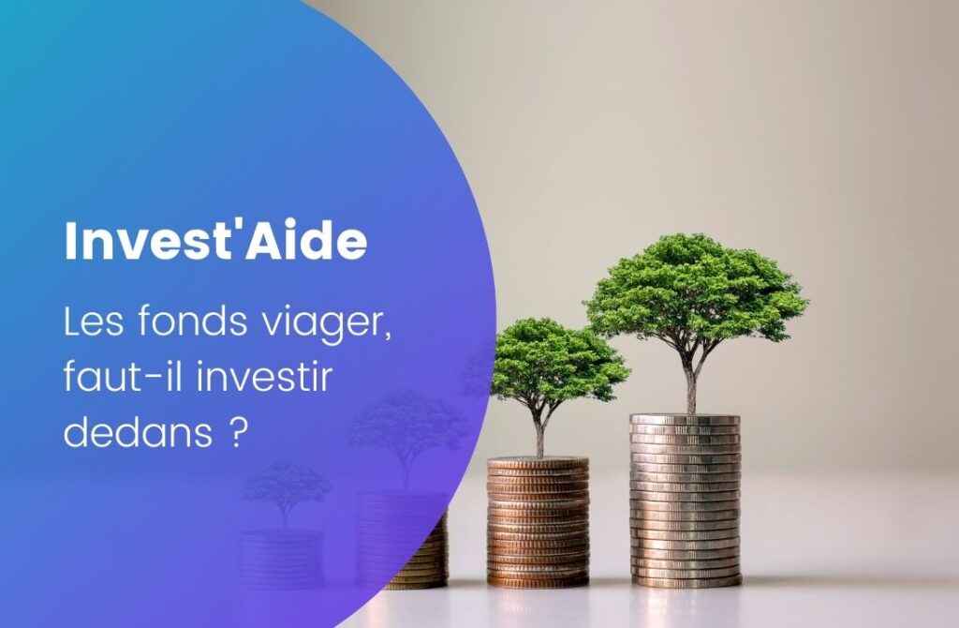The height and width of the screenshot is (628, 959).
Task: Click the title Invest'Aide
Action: click(215, 241)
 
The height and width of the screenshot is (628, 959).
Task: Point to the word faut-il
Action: click(125, 376)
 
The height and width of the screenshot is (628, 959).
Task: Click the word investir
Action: click(265, 376)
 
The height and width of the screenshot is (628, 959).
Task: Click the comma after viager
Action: click(387, 336)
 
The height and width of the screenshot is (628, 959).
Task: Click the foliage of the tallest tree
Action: click(696, 288)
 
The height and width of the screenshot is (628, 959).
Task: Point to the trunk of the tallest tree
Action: click(691, 382)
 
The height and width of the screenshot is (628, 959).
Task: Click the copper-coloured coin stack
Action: click(539, 522)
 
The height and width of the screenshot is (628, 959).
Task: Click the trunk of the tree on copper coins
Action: click(539, 436)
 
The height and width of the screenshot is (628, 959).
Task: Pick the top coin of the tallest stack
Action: click(685, 420)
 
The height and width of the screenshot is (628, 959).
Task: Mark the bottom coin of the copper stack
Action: click(539, 581)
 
